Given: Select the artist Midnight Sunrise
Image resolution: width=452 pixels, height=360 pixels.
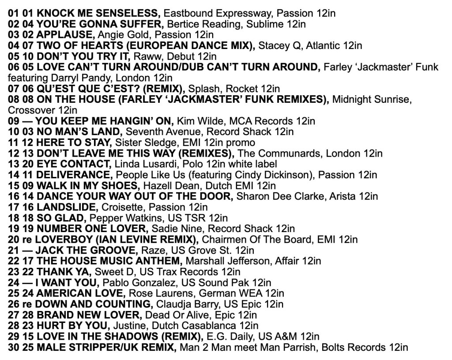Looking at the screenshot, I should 371,99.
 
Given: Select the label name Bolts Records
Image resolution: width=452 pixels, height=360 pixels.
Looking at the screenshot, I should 356,347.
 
